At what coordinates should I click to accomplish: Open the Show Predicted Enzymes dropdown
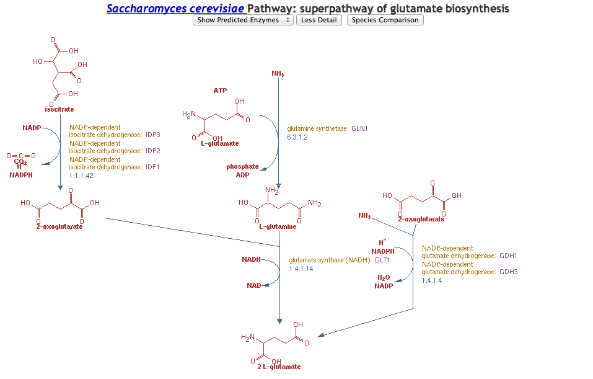(x=243, y=20)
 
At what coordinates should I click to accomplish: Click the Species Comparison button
(x=385, y=20)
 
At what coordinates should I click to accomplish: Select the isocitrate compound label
(x=59, y=109)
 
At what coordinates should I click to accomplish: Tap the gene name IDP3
(x=153, y=135)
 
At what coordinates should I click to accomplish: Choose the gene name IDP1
(x=153, y=167)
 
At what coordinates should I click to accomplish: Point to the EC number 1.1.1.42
(x=81, y=176)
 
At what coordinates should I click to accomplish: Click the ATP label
(x=220, y=91)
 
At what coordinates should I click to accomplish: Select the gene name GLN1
(x=359, y=129)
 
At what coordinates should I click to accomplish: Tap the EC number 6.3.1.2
(x=297, y=137)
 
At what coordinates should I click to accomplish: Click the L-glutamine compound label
(x=278, y=226)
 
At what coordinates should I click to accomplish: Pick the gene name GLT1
(x=382, y=261)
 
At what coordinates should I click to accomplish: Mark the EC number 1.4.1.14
(x=301, y=269)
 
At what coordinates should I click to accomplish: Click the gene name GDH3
(x=508, y=272)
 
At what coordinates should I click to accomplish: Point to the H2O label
(x=384, y=277)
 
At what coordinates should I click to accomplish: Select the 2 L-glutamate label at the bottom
(x=279, y=367)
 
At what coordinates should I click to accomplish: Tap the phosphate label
(x=242, y=166)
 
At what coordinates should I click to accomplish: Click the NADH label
(x=251, y=259)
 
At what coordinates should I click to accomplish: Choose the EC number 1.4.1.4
(x=432, y=280)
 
